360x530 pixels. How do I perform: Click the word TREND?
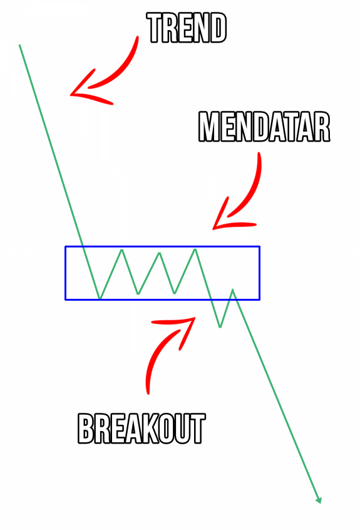point(187,28)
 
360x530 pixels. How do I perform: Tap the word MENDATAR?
point(264,127)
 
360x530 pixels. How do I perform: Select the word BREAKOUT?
point(141,429)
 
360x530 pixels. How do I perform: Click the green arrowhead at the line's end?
point(318,501)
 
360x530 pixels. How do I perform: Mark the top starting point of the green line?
point(19,44)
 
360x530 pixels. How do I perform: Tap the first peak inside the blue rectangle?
point(121,250)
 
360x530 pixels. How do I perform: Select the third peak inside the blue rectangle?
point(195,249)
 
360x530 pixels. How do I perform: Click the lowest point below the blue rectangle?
point(220,327)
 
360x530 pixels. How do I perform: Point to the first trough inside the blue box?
point(100,298)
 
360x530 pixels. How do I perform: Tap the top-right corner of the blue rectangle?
point(259,247)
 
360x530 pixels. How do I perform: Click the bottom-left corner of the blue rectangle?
point(65,299)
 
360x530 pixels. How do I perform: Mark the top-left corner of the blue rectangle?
point(65,247)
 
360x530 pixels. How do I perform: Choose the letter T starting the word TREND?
point(155,28)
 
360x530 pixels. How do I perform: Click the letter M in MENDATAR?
point(208,127)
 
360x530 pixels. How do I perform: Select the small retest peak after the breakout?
point(232,289)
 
